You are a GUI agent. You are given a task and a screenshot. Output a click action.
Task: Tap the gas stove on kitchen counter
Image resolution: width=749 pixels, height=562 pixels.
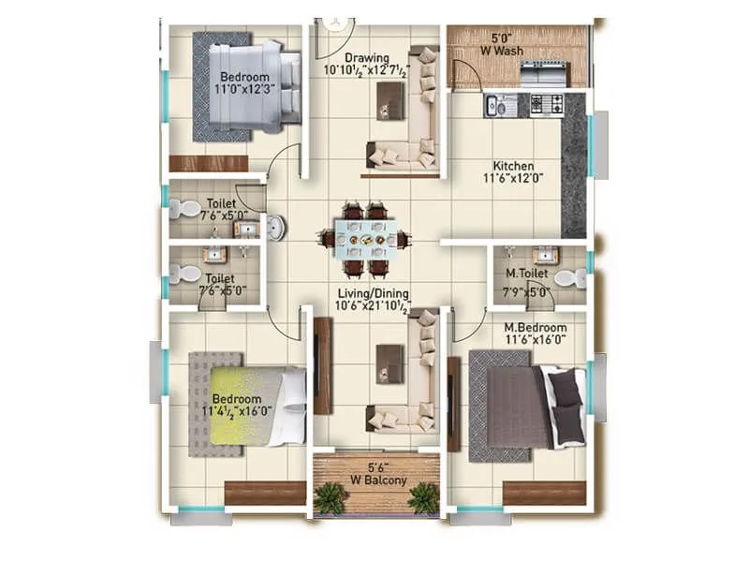point(546,104)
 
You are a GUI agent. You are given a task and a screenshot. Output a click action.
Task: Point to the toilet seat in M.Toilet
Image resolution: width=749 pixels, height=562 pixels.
point(569,278)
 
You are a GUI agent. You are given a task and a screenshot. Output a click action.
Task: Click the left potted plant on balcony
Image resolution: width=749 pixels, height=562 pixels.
point(330,498)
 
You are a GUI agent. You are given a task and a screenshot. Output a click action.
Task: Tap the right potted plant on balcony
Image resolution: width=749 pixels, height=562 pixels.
point(423,498)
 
